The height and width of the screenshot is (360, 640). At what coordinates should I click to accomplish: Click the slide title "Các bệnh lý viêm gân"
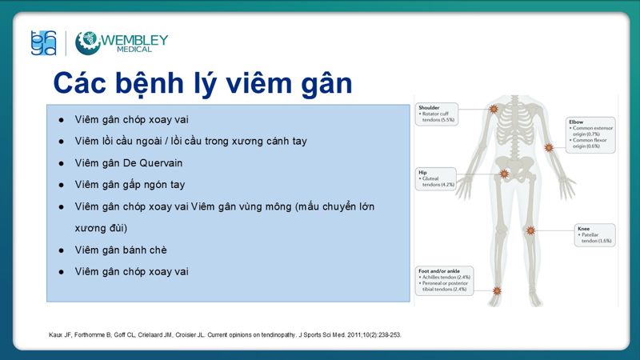click(x=202, y=82)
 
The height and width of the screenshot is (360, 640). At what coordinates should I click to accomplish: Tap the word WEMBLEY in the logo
click(x=134, y=38)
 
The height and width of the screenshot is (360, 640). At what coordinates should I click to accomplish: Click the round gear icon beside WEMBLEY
click(x=87, y=43)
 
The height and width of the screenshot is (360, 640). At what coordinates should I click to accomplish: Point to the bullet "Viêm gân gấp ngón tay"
click(x=130, y=184)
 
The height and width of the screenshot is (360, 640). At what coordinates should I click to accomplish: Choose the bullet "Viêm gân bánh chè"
click(x=122, y=250)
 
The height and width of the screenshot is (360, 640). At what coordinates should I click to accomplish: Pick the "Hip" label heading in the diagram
click(x=422, y=171)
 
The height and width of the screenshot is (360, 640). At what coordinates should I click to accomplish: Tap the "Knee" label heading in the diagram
click(x=584, y=229)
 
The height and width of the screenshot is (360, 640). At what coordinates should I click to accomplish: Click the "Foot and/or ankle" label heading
click(x=441, y=271)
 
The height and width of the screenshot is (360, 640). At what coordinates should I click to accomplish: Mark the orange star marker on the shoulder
click(x=494, y=109)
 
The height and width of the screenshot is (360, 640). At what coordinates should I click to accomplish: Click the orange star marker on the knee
click(x=529, y=232)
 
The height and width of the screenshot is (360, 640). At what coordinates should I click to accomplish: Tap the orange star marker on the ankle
click(x=496, y=290)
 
